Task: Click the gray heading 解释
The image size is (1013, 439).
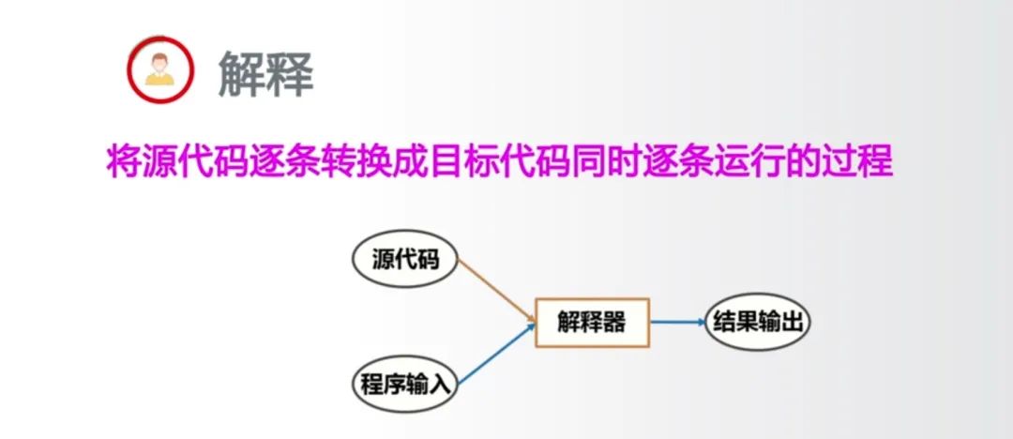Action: coord(265,72)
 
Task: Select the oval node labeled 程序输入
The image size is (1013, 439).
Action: coord(406,384)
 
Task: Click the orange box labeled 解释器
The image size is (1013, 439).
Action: coord(591,323)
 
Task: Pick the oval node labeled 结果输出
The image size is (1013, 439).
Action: coord(758,322)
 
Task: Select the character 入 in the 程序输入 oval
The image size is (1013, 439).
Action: coord(440,385)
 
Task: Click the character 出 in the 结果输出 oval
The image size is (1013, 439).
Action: coord(792,322)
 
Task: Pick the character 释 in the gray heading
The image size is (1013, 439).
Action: coord(289,72)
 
